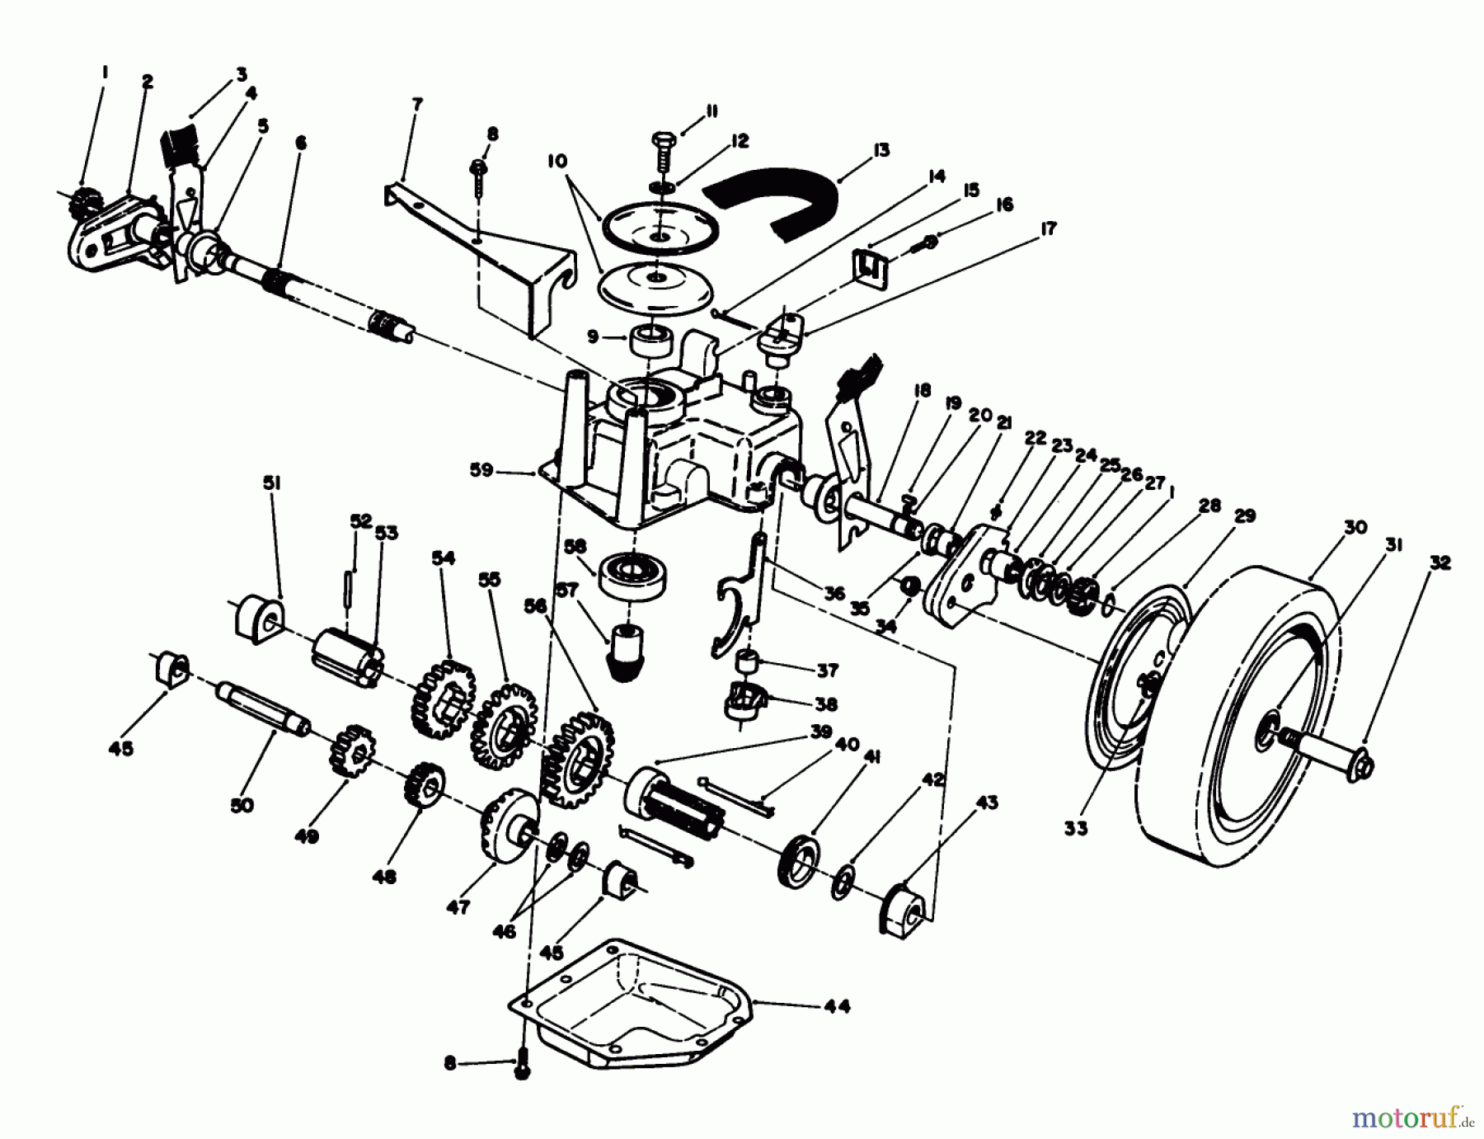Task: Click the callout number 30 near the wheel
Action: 1356,527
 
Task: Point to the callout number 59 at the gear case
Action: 481,470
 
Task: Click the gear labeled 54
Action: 441,698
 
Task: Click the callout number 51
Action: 271,482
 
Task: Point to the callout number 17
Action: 1048,228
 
